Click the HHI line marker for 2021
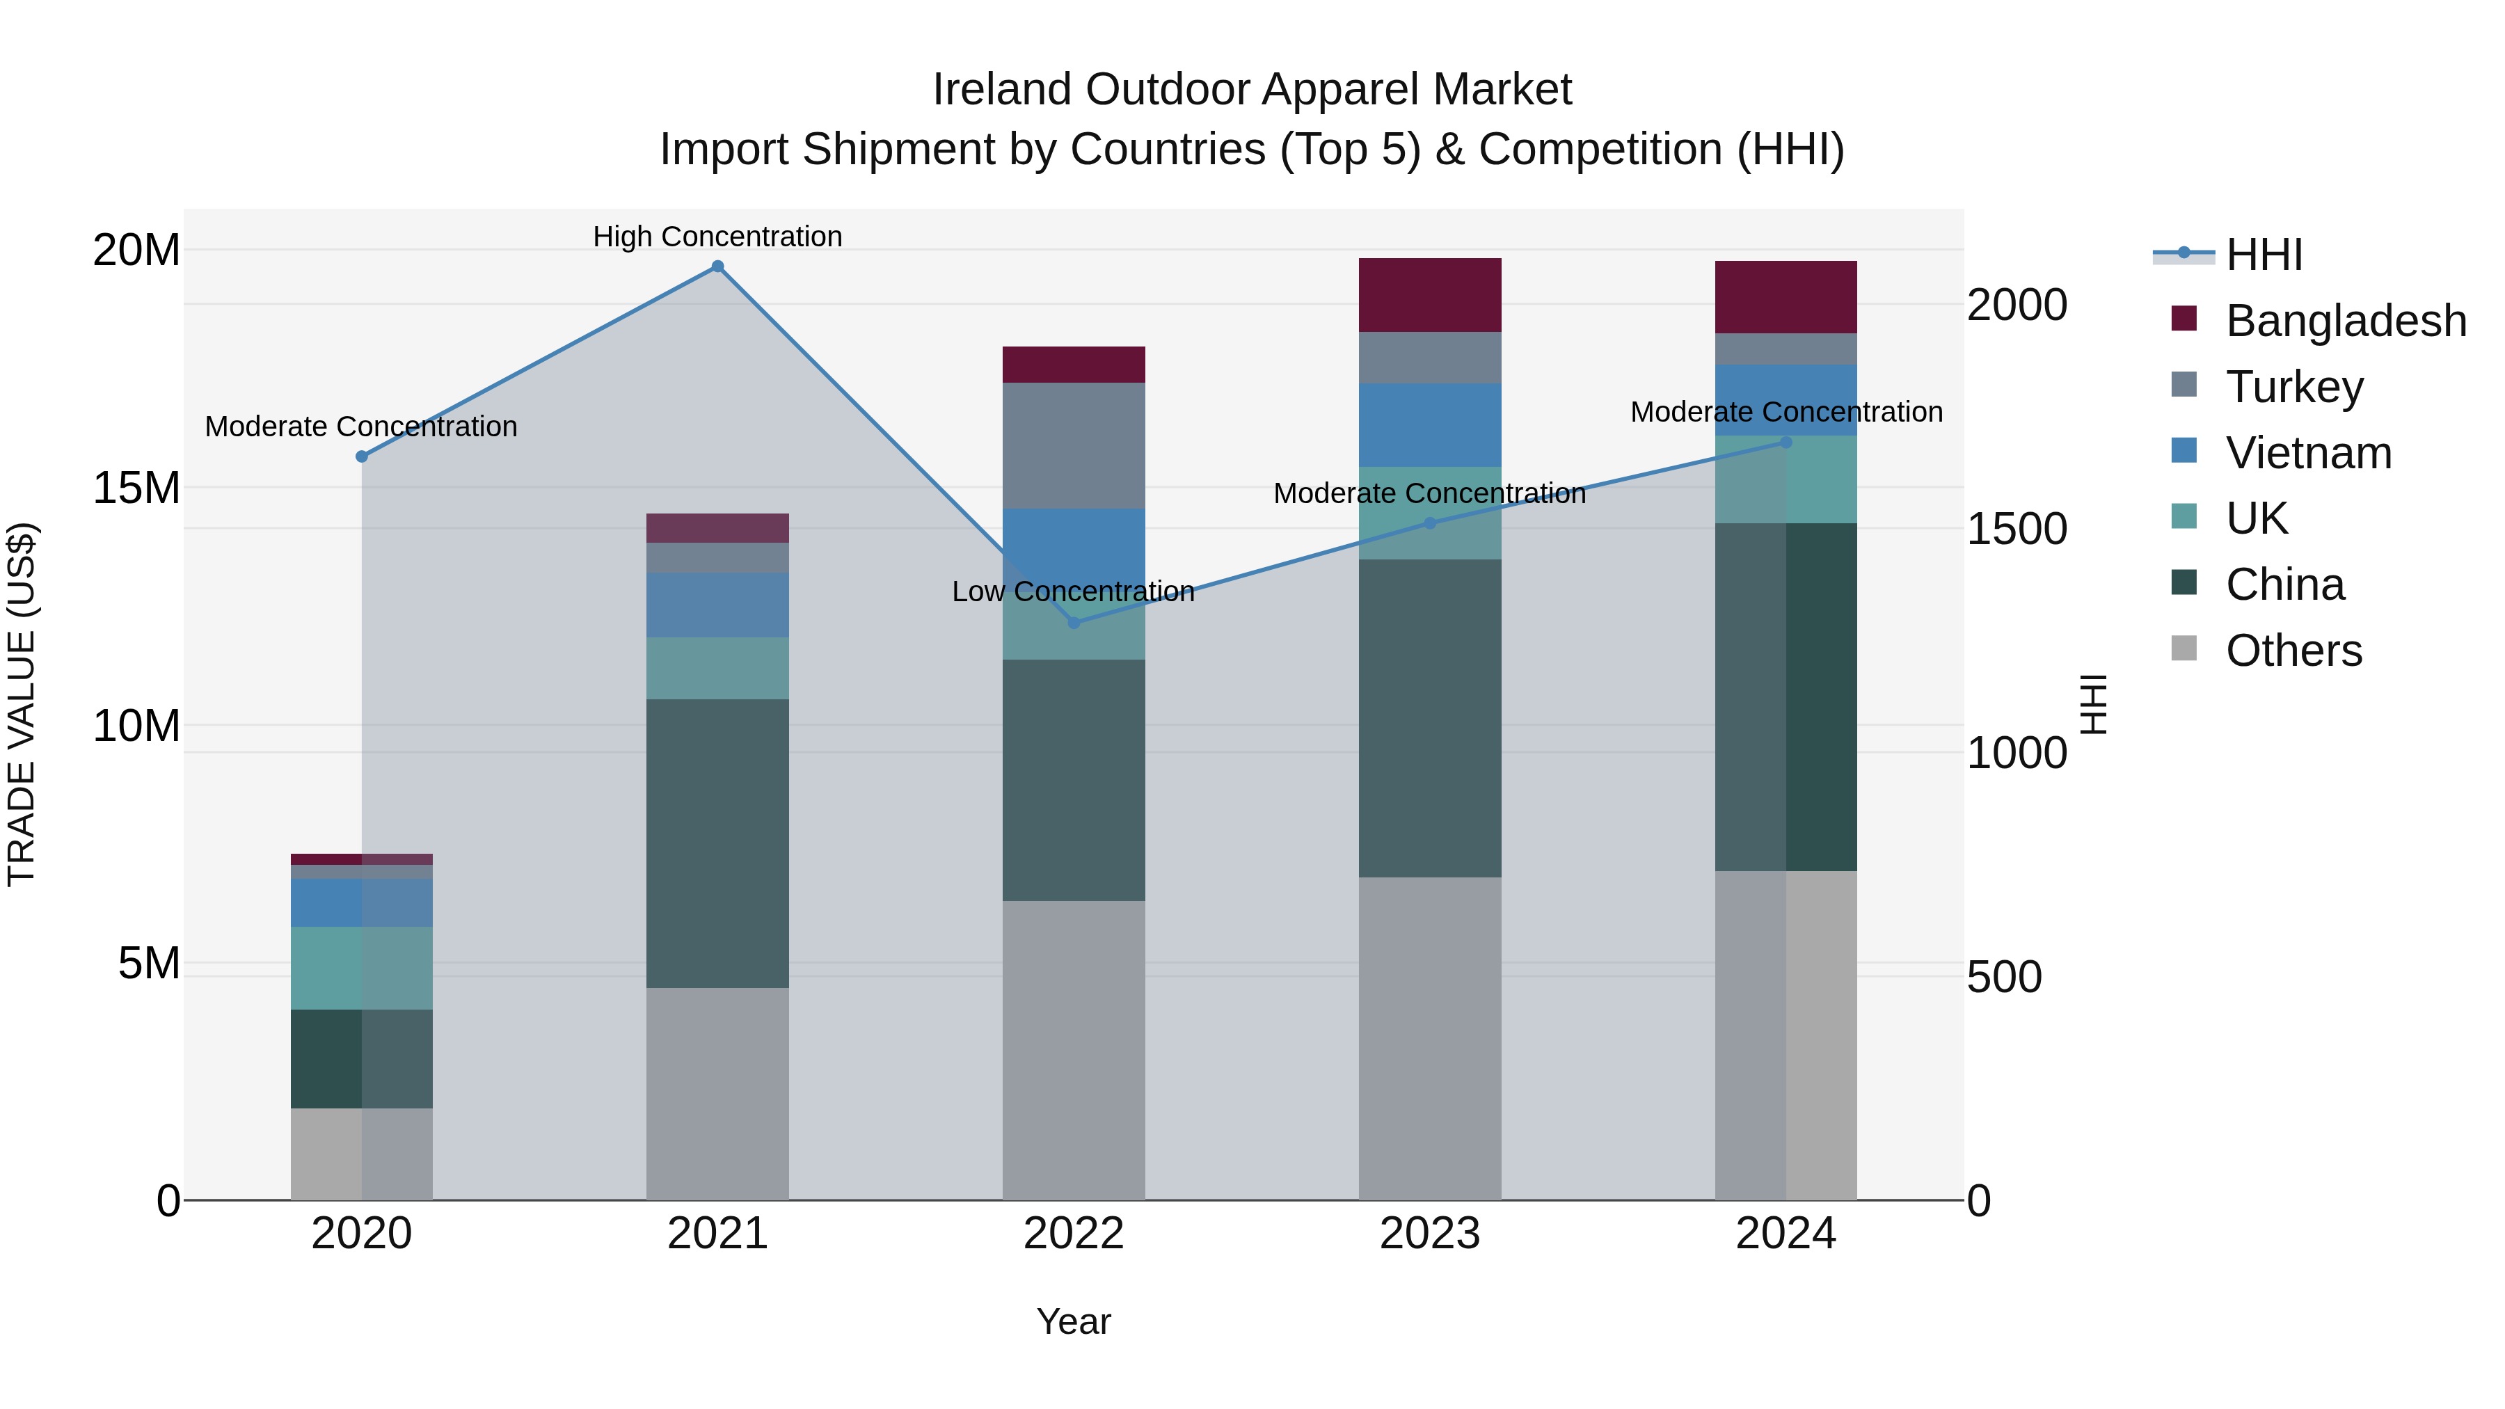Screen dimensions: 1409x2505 (x=717, y=266)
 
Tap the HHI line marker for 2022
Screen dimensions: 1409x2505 (x=1074, y=622)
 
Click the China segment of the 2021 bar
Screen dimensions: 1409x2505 (x=717, y=843)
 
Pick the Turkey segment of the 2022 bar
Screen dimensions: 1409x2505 (x=1074, y=445)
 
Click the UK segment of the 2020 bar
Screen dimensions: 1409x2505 (x=362, y=968)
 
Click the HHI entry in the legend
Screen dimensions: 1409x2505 (x=2263, y=255)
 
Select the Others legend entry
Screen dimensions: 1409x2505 (x=2293, y=651)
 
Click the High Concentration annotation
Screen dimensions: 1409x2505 (x=717, y=237)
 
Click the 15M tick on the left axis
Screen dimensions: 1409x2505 (x=136, y=488)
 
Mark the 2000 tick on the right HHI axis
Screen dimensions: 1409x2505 (x=2016, y=305)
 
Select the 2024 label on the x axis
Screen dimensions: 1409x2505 (x=1786, y=1234)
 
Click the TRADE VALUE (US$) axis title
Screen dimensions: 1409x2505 (x=22, y=704)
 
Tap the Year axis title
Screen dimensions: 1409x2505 (x=1074, y=1321)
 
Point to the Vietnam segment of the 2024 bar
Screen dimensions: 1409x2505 (x=1786, y=399)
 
